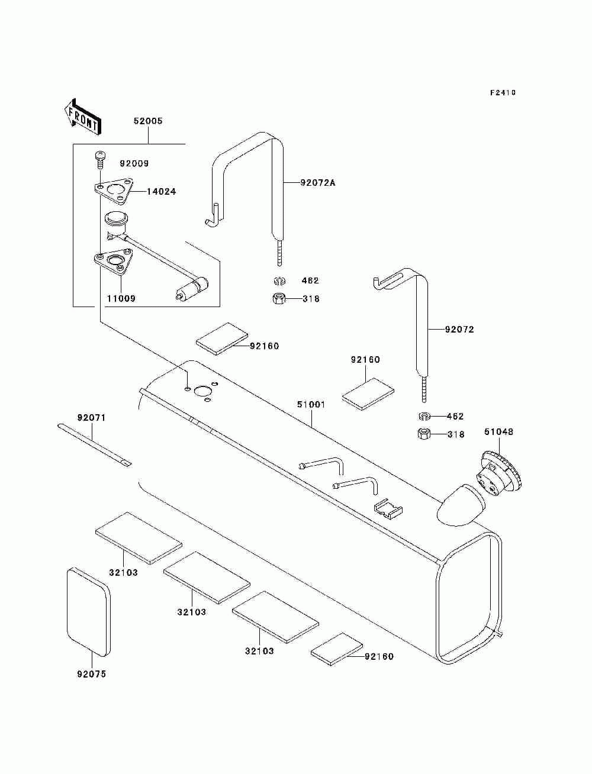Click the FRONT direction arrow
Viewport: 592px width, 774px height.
point(83,117)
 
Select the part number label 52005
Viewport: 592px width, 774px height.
point(148,121)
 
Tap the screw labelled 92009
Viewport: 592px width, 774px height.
point(101,161)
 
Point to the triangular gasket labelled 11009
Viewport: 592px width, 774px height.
point(113,262)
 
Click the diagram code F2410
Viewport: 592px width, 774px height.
point(503,93)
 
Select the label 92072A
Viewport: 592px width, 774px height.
point(318,183)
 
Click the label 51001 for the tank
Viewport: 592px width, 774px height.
point(311,404)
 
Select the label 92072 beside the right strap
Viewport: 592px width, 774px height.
point(459,330)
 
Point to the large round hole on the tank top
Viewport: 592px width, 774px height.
point(202,391)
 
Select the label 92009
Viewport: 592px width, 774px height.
point(134,163)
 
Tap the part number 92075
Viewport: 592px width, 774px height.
point(91,674)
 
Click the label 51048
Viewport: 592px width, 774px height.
point(498,431)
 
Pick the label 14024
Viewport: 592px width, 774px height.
point(161,192)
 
